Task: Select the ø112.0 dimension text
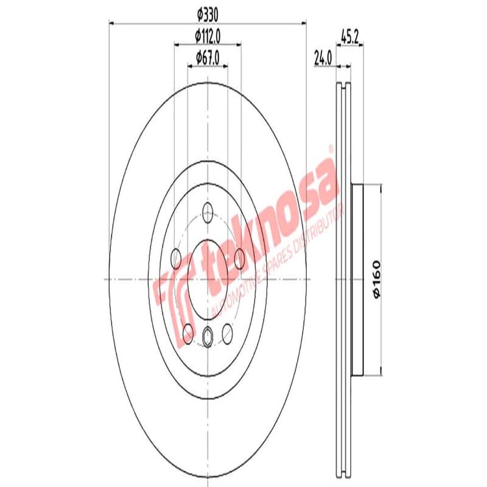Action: click(208, 36)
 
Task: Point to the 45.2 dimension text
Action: click(349, 36)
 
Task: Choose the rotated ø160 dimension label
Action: click(376, 279)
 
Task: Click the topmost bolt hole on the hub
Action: click(208, 213)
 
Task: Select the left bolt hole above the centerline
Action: click(177, 259)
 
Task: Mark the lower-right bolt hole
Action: click(228, 332)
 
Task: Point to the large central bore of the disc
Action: click(208, 279)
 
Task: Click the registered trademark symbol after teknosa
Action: click(331, 148)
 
